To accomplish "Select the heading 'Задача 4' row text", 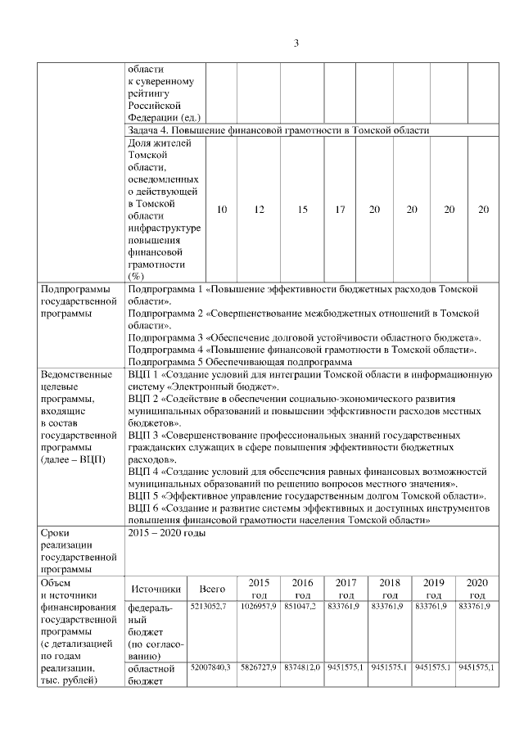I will pyautogui.click(x=278, y=130).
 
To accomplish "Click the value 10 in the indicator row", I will pyautogui.click(x=221, y=210).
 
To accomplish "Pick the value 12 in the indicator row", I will pyautogui.click(x=259, y=210).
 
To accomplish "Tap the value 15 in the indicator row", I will pyautogui.click(x=302, y=210).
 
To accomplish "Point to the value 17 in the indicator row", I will pyautogui.click(x=340, y=210).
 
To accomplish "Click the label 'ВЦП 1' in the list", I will pyautogui.click(x=144, y=373).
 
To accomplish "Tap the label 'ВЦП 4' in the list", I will pyautogui.click(x=144, y=472).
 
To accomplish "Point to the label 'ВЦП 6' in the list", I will pyautogui.click(x=144, y=508).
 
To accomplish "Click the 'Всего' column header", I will pyautogui.click(x=212, y=589).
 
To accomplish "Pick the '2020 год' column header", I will pyautogui.click(x=476, y=589).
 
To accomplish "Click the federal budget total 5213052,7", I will pyautogui.click(x=210, y=607).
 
